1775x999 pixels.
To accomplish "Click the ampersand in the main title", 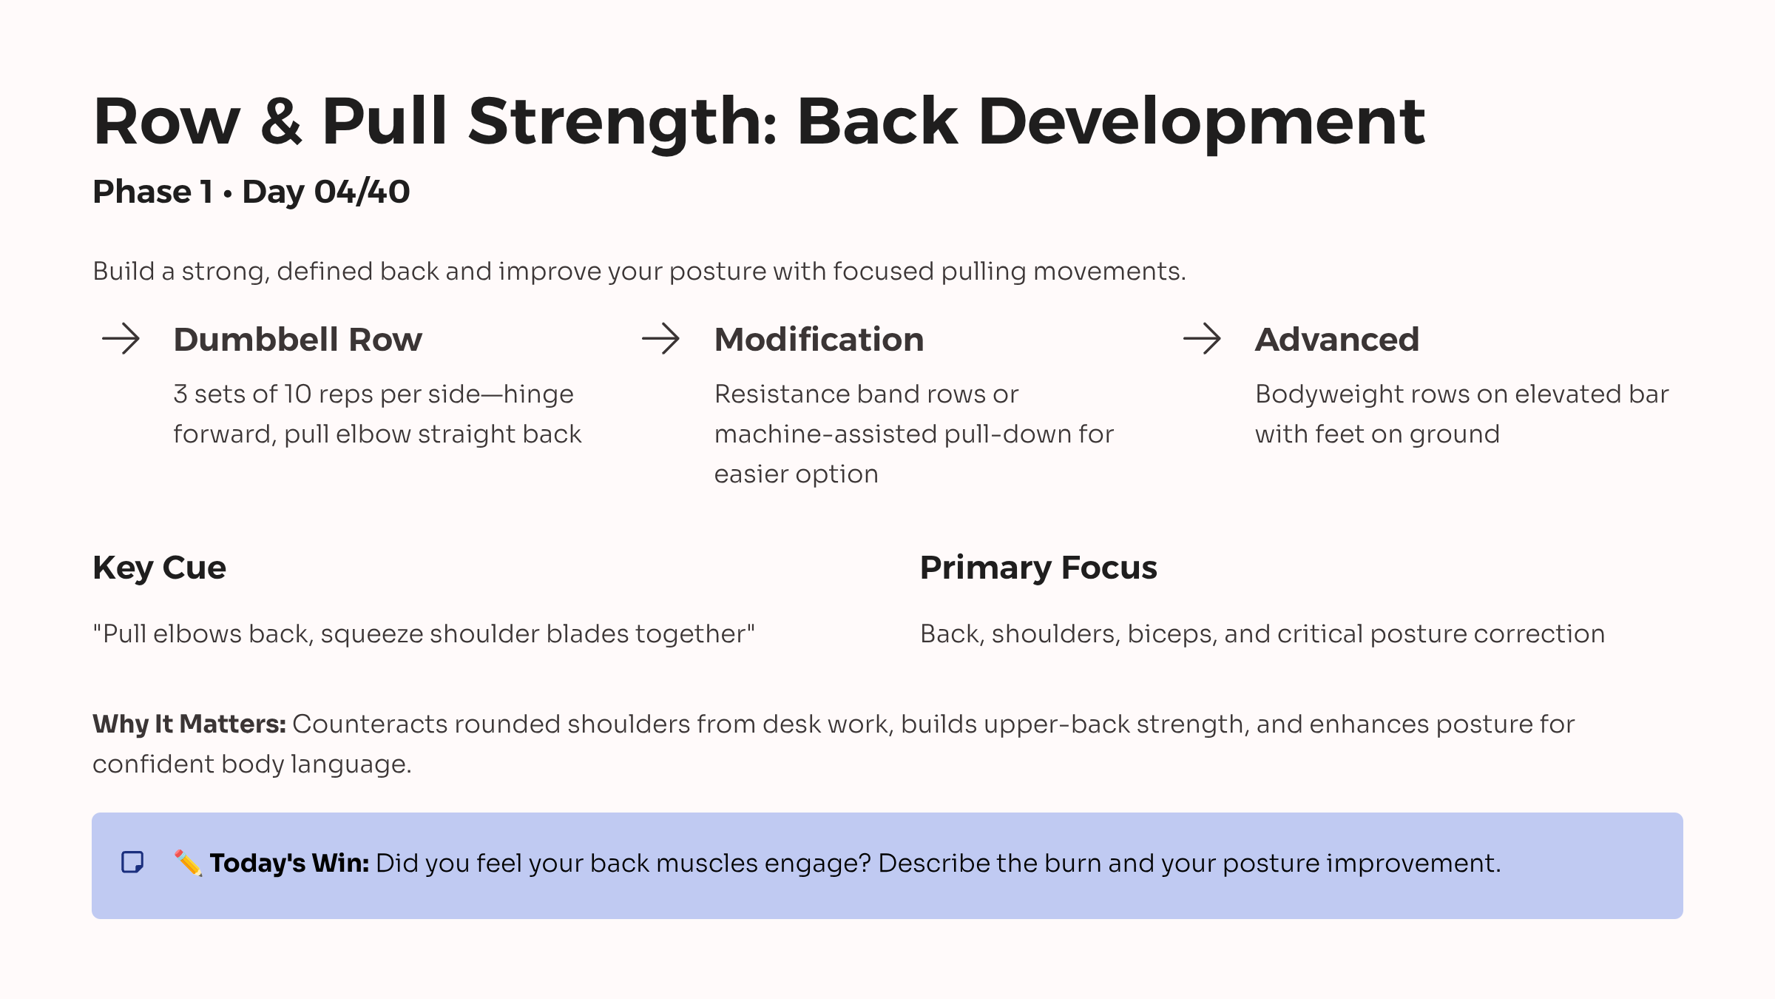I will click(x=281, y=122).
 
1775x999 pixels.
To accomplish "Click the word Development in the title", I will click(x=1201, y=122).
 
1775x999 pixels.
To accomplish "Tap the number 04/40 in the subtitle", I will click(x=362, y=192).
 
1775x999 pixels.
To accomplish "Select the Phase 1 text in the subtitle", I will click(x=152, y=192).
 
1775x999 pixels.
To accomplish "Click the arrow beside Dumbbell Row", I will click(x=121, y=339).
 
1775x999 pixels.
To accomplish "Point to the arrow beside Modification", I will click(x=660, y=339).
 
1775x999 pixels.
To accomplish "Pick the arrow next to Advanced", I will click(x=1202, y=339).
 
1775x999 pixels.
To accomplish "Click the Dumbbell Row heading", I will click(x=297, y=340).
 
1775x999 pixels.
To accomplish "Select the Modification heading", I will click(x=819, y=340).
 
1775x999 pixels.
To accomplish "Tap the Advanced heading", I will click(x=1336, y=340).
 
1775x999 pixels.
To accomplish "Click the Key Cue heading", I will click(x=159, y=568).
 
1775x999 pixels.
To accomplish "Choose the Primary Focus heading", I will click(x=1038, y=568).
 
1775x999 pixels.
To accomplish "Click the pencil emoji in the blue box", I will click(x=188, y=863).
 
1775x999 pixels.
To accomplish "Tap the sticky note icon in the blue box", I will click(x=132, y=862).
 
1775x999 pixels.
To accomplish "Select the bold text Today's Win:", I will click(x=289, y=864).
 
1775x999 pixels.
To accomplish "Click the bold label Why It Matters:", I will click(x=189, y=724).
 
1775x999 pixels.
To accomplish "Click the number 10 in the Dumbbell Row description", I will click(x=298, y=394).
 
